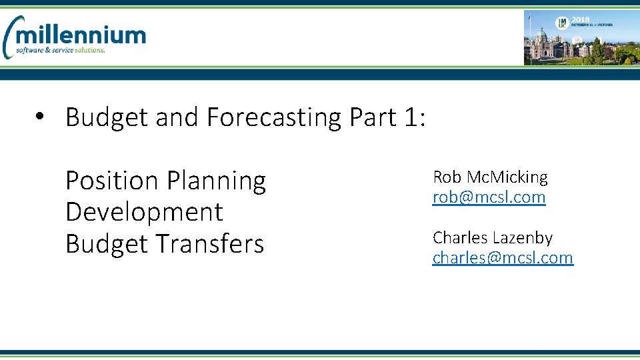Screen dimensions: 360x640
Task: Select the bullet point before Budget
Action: (41, 117)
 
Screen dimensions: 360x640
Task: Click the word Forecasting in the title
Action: (274, 117)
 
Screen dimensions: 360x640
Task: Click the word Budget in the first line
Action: (107, 117)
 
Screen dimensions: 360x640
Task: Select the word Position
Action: (112, 181)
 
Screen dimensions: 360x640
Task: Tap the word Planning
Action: (216, 181)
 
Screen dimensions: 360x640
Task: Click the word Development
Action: (144, 212)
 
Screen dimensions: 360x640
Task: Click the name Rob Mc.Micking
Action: (490, 177)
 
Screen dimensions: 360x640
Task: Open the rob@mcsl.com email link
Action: (489, 197)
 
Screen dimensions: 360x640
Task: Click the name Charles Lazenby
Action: (493, 237)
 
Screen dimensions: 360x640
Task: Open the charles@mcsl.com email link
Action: (503, 257)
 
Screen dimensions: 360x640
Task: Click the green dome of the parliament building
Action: (542, 33)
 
